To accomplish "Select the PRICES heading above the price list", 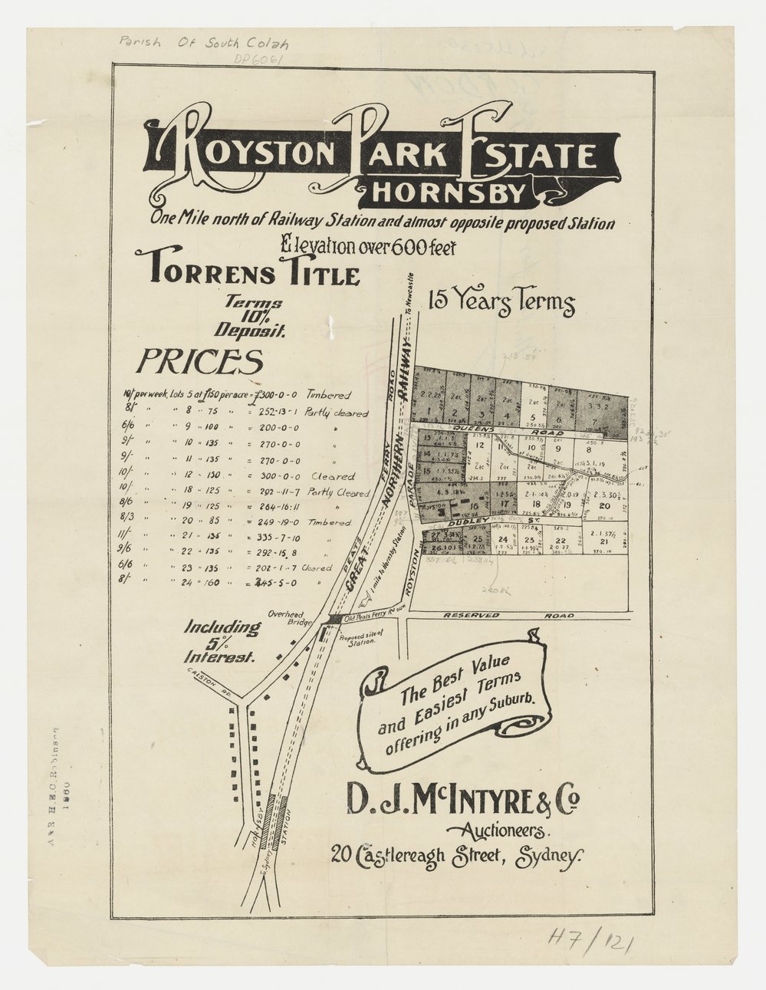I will click(x=200, y=360).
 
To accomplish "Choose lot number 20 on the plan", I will click(x=603, y=505).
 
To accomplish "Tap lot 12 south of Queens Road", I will click(x=479, y=445).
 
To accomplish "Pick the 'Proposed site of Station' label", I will click(x=363, y=638).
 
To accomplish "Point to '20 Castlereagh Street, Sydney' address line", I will click(x=457, y=854).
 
